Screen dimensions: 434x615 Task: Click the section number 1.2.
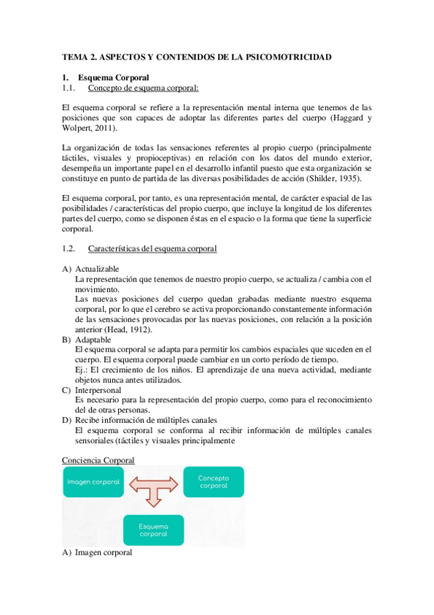(x=70, y=249)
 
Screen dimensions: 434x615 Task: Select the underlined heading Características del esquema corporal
(x=152, y=249)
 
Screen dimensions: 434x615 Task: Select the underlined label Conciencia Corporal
(x=98, y=460)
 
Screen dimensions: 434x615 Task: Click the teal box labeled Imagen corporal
(x=93, y=482)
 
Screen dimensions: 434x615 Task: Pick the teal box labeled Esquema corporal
(x=153, y=529)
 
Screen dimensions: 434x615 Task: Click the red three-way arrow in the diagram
(x=153, y=488)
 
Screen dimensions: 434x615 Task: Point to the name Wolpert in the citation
(x=78, y=128)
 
